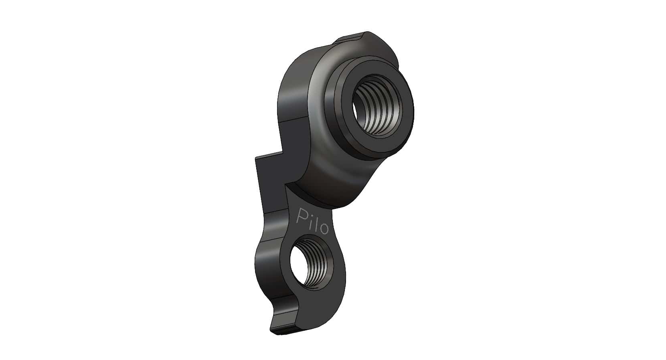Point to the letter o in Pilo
[x=324, y=229]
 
